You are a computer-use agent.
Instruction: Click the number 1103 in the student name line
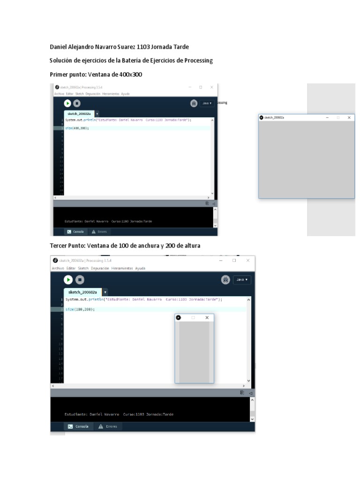click(x=143, y=47)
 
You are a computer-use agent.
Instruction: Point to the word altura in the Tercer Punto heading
click(x=190, y=246)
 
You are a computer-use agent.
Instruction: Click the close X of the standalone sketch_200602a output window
click(x=349, y=118)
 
